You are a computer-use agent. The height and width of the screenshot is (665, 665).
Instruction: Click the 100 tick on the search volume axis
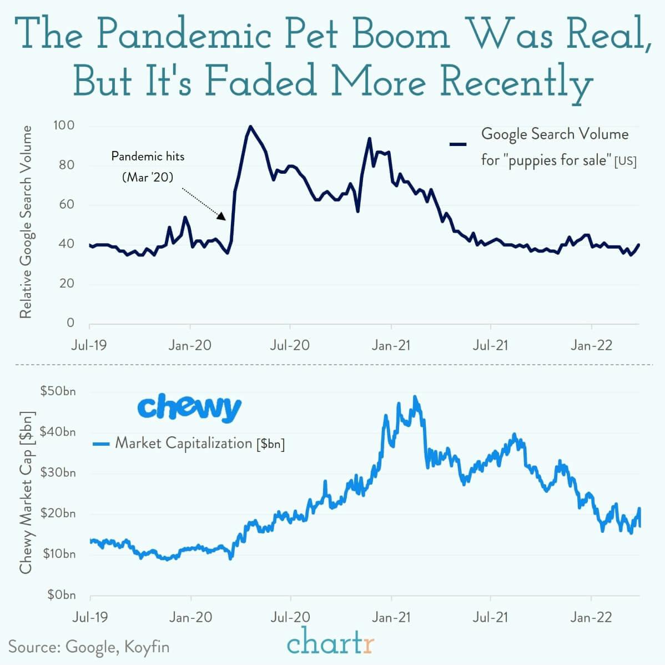coord(63,125)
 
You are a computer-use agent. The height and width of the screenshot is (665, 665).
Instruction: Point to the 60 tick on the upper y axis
coord(67,204)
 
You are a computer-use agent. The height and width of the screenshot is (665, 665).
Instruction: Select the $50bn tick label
coord(58,391)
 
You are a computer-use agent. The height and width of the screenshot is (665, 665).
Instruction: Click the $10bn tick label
coord(58,554)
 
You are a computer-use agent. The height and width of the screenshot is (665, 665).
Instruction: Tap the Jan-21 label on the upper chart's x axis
coord(391,345)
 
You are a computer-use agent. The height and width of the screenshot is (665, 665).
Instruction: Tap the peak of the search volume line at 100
coord(250,127)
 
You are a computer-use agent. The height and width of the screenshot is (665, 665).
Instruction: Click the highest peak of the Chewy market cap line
coord(415,397)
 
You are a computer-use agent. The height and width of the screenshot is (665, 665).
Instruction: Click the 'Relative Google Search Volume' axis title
coord(26,222)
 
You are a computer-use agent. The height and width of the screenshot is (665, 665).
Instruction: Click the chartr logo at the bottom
coord(331,644)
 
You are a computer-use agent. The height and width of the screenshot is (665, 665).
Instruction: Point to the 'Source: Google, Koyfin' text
coord(89,647)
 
